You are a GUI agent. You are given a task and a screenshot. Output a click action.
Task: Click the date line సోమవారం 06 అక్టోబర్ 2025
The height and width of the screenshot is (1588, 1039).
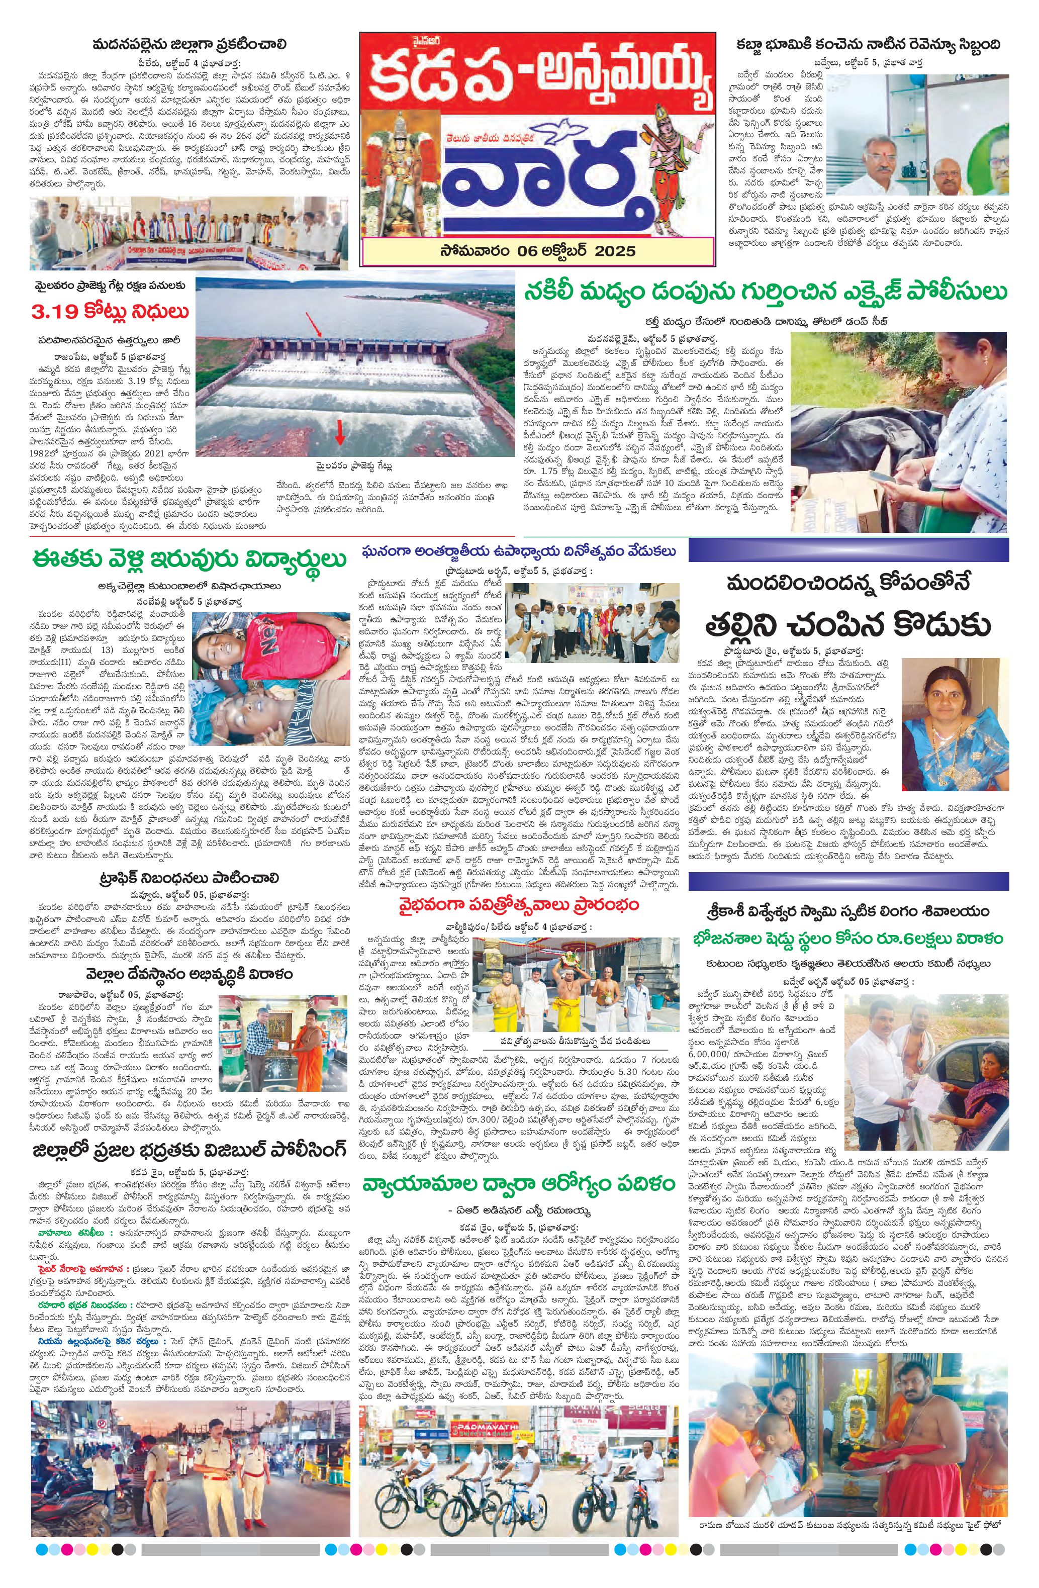(538, 251)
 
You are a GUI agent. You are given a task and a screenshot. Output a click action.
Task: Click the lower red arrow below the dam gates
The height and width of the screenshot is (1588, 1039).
(340, 432)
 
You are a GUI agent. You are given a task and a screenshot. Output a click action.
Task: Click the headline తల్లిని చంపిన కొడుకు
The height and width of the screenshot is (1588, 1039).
(847, 625)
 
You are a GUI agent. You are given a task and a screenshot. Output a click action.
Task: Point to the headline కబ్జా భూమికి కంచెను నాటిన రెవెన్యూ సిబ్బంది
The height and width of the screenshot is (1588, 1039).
(868, 45)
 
